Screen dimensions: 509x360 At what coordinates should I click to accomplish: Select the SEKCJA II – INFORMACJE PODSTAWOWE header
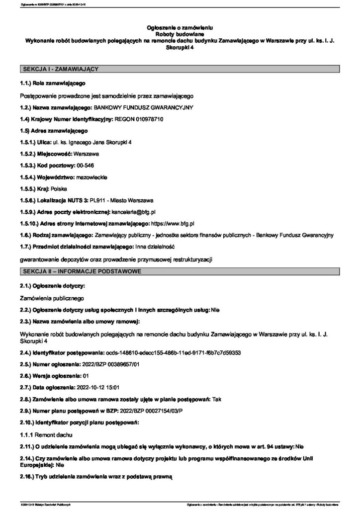81,271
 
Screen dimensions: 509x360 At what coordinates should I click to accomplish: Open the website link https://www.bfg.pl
172,224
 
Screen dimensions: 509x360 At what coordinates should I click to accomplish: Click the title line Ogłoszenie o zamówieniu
180,24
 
